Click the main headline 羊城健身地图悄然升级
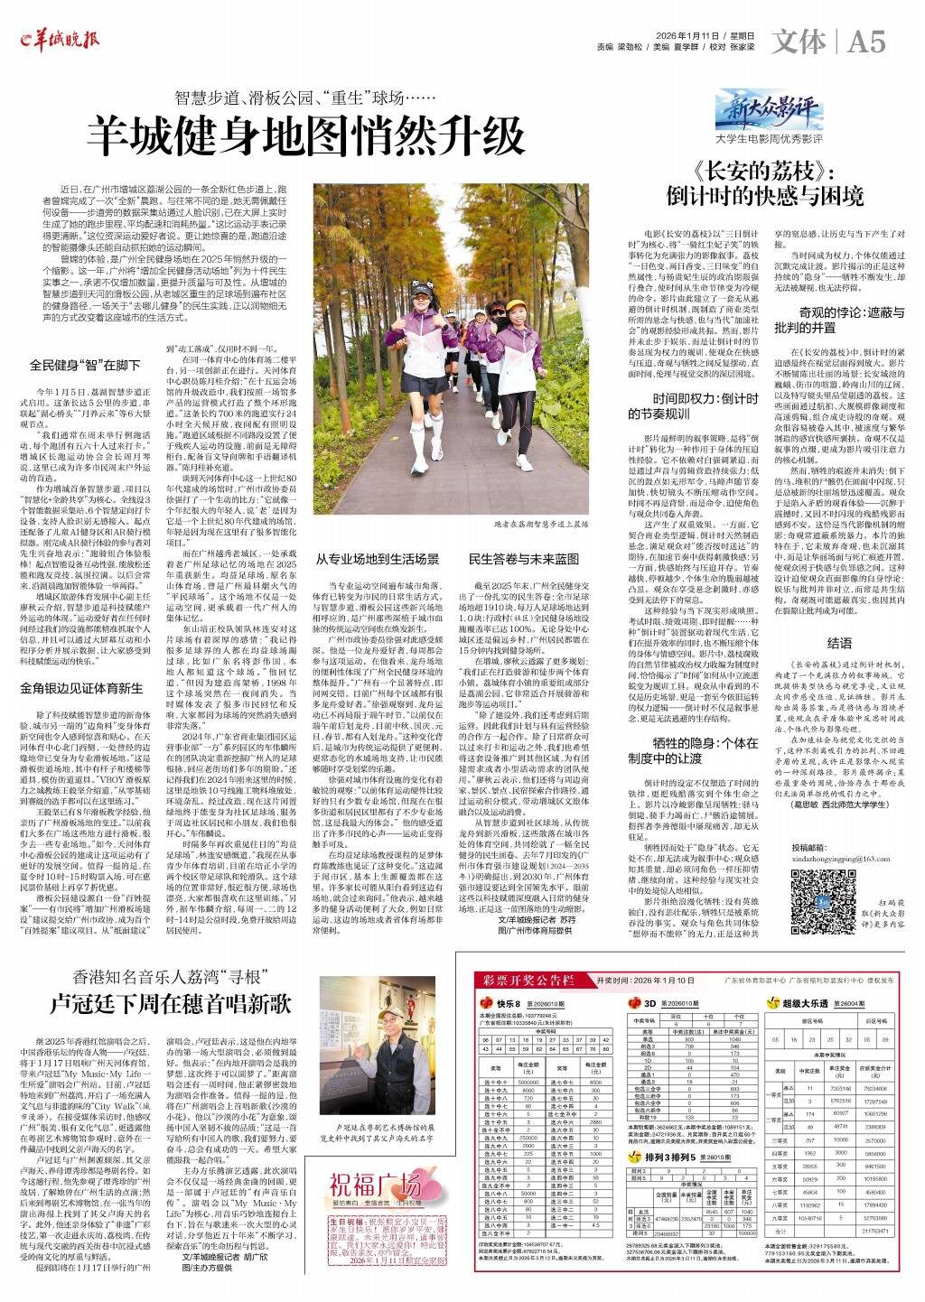tap(311, 135)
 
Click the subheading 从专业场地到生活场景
tap(378, 558)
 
